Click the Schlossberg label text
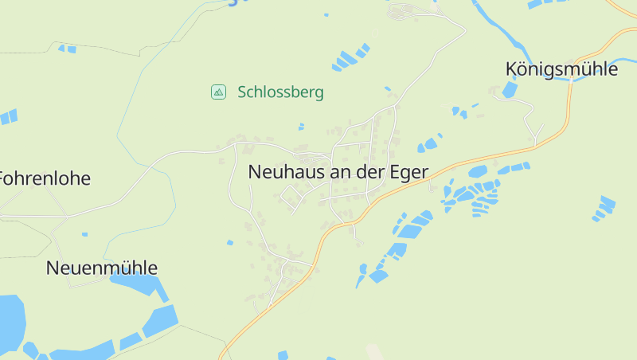coord(280,92)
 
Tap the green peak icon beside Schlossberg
coord(217,92)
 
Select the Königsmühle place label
coord(561,69)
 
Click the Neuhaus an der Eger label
coord(338,171)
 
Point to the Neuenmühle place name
coord(102,268)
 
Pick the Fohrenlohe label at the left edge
coord(45,178)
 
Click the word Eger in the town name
coord(408,171)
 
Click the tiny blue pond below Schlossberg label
coord(301,126)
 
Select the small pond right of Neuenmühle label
coord(229,242)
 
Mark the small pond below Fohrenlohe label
coord(84,234)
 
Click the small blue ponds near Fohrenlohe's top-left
coord(8,117)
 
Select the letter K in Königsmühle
coord(511,69)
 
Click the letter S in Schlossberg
coord(242,92)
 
